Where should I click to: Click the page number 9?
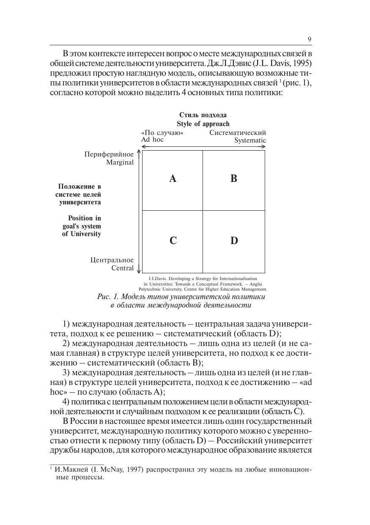pos(310,39)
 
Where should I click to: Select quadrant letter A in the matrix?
pos(173,179)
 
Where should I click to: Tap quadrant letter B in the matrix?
pos(234,179)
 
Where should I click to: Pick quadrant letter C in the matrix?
pos(173,241)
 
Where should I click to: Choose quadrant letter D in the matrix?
pos(234,241)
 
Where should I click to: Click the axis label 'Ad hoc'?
pos(152,140)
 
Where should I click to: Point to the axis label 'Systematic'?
pos(250,140)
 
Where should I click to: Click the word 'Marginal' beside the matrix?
pos(120,162)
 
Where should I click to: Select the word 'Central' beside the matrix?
pos(122,268)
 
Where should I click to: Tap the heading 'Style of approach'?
pos(203,124)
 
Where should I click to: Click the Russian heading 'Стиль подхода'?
pos(203,115)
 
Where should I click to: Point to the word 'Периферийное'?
pos(109,154)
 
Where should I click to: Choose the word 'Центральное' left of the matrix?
pos(112,260)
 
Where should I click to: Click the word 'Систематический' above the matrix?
pos(238,133)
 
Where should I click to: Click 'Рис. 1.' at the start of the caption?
pos(108,297)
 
